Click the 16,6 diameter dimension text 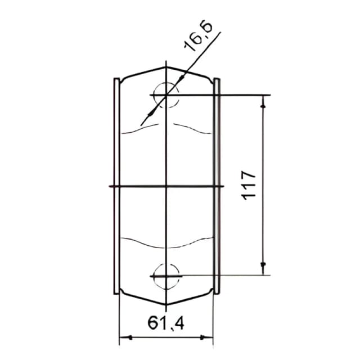[x=199, y=37]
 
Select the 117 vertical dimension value [x=249, y=185]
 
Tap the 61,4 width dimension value [x=166, y=323]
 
